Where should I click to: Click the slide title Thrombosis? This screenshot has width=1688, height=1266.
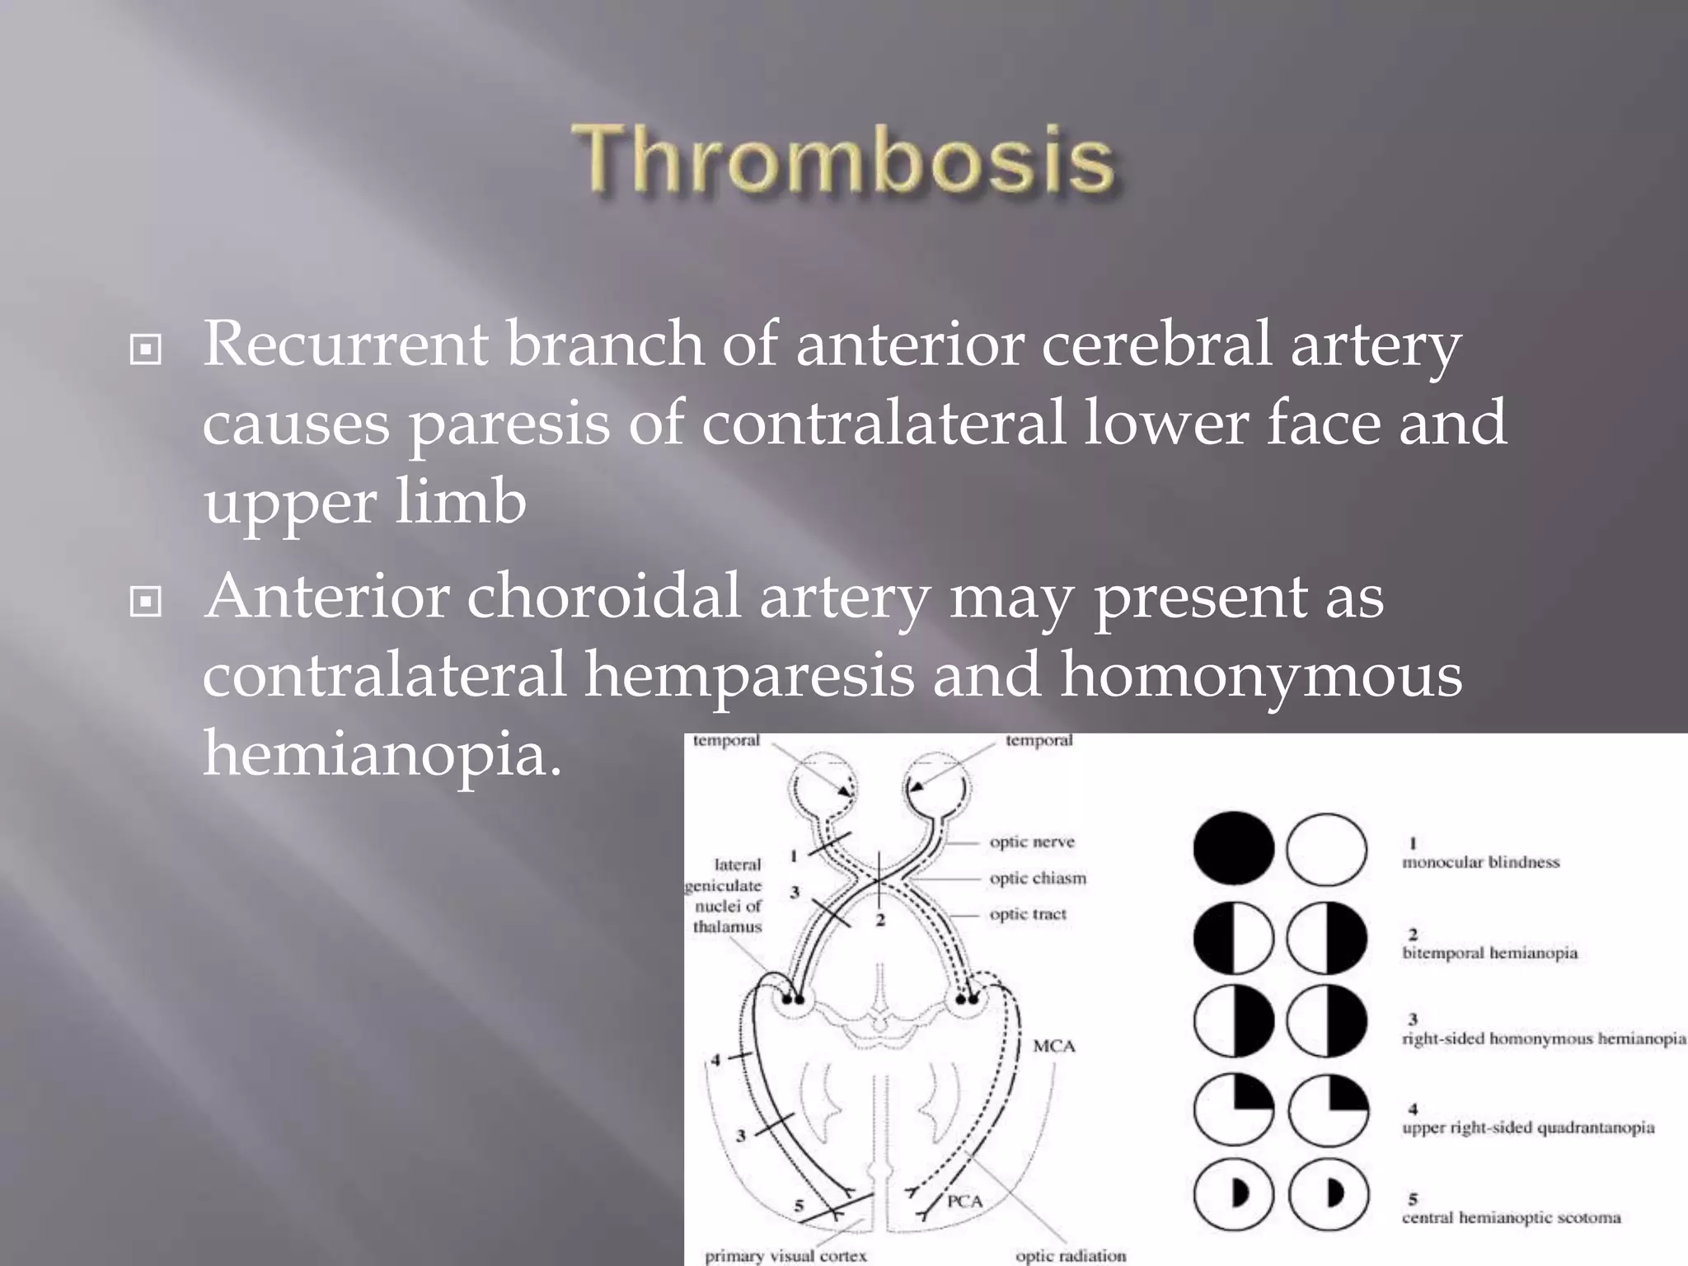pos(844,158)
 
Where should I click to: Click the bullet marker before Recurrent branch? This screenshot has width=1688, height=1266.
pos(146,350)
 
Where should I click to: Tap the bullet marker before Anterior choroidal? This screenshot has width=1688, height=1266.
pos(146,603)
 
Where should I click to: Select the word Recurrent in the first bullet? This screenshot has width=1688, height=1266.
pos(345,345)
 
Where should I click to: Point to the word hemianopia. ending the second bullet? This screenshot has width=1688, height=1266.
pos(382,753)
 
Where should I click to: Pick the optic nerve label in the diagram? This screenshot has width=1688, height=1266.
pos(1032,842)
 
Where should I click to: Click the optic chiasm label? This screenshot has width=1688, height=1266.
pos(1038,879)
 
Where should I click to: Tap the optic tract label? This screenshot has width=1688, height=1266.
pos(1028,914)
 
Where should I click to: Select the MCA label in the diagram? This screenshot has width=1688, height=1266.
pos(1054,1046)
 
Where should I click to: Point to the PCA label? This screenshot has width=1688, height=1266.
pos(964,1202)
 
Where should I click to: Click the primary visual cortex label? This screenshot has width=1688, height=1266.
pos(785,1255)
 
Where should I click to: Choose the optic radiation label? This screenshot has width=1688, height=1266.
pos(1071,1255)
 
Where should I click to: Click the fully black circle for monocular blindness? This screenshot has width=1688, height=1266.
pos(1233,849)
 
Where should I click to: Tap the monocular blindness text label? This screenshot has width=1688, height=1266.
pos(1481,862)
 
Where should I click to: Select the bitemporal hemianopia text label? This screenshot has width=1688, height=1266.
pos(1489,953)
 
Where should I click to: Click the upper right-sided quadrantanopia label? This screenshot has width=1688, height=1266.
pos(1528,1128)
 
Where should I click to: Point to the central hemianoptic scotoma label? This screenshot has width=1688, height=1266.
pos(1511,1217)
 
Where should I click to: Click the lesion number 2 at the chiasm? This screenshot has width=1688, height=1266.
pos(880,920)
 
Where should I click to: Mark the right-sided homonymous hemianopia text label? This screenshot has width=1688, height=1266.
pos(1544,1039)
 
